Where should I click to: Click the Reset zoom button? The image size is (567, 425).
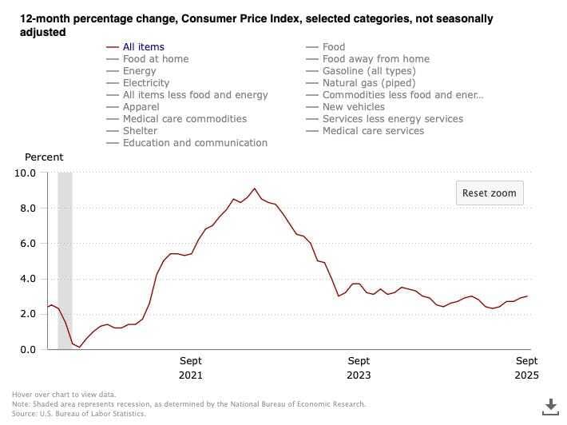pyautogui.click(x=490, y=193)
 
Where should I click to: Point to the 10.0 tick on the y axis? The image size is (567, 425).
pyautogui.click(x=25, y=173)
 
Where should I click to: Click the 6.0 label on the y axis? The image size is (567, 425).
pyautogui.click(x=28, y=244)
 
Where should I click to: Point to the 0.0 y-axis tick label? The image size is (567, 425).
pyautogui.click(x=28, y=349)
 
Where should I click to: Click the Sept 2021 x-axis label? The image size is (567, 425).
pyautogui.click(x=191, y=367)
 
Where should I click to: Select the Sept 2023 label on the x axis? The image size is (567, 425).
pyautogui.click(x=359, y=367)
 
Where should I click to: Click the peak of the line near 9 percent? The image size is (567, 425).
pyautogui.click(x=255, y=189)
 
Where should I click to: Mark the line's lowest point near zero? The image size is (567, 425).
pyautogui.click(x=80, y=348)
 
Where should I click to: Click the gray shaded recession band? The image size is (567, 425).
pyautogui.click(x=65, y=260)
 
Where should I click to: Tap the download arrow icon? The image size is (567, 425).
pyautogui.click(x=551, y=407)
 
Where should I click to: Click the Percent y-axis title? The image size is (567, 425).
pyautogui.click(x=44, y=157)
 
